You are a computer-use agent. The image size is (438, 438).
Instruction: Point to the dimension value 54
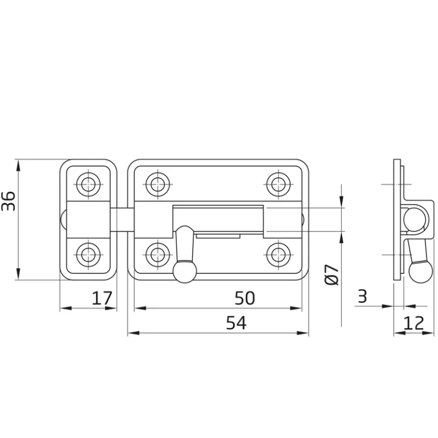click(x=236, y=323)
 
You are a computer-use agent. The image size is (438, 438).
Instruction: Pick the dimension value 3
click(x=362, y=296)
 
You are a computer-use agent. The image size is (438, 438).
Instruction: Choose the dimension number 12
click(x=414, y=323)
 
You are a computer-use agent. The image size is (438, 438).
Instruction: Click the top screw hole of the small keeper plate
click(x=88, y=184)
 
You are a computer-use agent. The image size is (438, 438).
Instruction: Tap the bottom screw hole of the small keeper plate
click(x=88, y=253)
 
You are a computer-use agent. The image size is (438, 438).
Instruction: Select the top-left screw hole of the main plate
click(x=158, y=184)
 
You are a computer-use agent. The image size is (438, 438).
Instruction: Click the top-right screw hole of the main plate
click(x=278, y=184)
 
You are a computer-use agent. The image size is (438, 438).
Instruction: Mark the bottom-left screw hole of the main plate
click(x=158, y=253)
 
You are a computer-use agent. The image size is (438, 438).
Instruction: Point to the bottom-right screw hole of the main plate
click(x=278, y=253)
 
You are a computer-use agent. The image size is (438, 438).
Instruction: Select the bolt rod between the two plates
click(x=122, y=220)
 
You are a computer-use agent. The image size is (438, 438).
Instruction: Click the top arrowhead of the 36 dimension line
click(x=19, y=164)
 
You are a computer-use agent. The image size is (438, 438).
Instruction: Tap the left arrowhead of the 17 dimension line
click(x=63, y=309)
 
